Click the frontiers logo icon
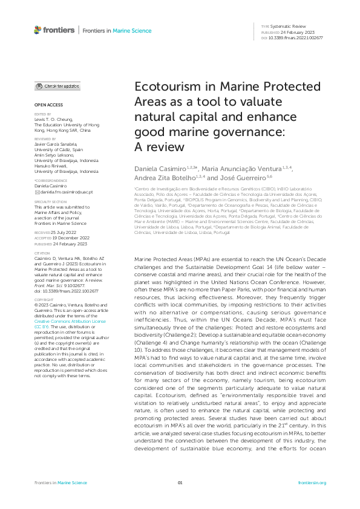tap(38, 30)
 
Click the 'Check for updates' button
tap(57, 86)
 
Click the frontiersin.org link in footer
tap(312, 482)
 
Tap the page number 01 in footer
tap(180, 482)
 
